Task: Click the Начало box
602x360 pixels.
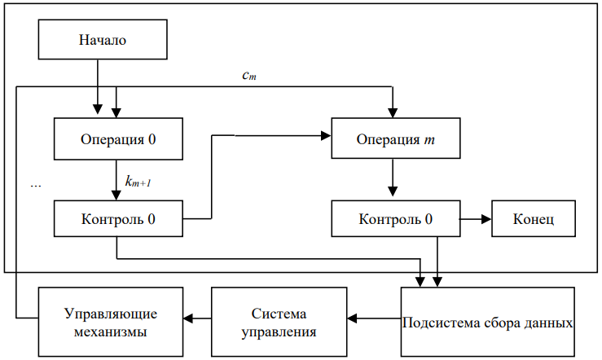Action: coord(103,40)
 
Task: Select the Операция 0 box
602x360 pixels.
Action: coord(118,139)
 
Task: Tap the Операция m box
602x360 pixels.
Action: coord(396,138)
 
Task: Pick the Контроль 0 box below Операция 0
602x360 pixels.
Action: coord(118,219)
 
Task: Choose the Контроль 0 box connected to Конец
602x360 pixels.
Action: coord(396,219)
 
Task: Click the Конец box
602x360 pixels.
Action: coord(534,219)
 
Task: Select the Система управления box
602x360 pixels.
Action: coord(279,322)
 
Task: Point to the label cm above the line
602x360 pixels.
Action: coord(249,75)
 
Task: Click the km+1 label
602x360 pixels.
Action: coord(138,181)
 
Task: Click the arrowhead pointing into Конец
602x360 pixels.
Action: coord(487,219)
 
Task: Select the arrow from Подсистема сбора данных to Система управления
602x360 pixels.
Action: coord(374,318)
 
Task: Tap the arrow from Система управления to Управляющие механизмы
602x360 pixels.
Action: coord(197,318)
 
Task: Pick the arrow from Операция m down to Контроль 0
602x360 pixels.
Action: coord(393,178)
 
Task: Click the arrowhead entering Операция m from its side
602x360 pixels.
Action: coord(327,135)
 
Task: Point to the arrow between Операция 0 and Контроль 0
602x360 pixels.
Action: coord(116,180)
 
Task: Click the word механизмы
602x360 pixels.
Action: coord(111,331)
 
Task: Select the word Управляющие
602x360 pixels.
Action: coord(111,314)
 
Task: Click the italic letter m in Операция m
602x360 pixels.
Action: coord(429,140)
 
